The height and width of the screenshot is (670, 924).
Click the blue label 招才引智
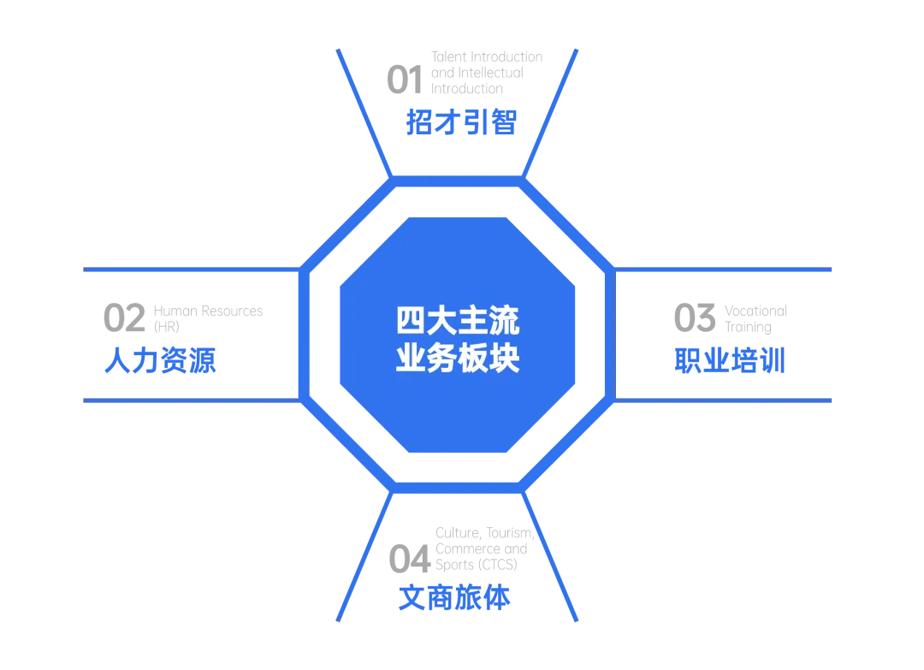(x=462, y=122)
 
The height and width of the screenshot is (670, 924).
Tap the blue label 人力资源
(x=160, y=361)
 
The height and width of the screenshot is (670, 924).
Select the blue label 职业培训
(x=728, y=361)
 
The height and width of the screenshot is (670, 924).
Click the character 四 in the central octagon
(x=410, y=322)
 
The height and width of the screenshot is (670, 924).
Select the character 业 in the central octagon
(x=410, y=358)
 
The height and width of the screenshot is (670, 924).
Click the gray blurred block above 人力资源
(x=184, y=316)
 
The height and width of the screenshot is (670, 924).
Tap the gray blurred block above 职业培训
(x=727, y=317)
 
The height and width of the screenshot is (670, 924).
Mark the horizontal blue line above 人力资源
(x=188, y=270)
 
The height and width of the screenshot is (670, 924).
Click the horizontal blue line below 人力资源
(x=188, y=400)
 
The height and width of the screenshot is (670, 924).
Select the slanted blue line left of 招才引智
(x=364, y=111)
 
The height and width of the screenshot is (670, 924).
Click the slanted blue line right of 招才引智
(x=551, y=111)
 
